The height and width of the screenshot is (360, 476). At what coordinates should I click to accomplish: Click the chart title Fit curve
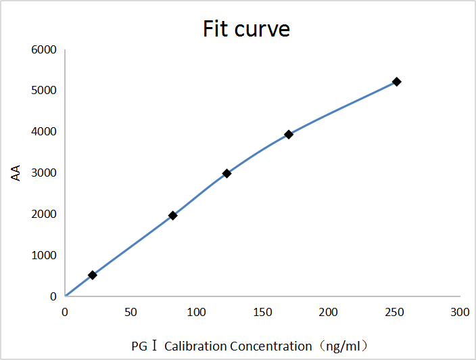246,29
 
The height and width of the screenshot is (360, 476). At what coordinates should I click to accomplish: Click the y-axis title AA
16,173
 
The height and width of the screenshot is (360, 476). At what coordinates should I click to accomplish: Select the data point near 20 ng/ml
93,275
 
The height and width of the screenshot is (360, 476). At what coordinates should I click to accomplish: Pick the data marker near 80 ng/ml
172,216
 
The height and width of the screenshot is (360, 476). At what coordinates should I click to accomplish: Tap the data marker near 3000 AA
227,174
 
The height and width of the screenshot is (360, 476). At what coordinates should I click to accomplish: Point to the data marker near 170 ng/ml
289,135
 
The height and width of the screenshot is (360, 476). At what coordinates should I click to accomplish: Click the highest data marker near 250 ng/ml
397,81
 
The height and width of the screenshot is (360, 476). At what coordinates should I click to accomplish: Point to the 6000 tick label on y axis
43,50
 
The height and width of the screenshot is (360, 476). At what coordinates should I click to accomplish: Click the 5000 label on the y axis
43,91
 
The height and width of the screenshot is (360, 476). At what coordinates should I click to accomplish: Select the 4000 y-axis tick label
43,132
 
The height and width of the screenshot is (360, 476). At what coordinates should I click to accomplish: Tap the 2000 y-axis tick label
43,215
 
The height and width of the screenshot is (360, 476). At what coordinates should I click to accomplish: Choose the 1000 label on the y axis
43,256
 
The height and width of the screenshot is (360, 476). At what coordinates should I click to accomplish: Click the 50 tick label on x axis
130,312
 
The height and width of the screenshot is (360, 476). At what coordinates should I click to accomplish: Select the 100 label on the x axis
197,312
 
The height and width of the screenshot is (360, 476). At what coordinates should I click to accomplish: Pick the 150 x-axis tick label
262,312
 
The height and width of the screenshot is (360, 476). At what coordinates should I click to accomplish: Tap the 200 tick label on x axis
329,312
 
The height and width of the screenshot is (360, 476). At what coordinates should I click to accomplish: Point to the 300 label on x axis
460,312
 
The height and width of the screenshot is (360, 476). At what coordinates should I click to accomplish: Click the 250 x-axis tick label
394,312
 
